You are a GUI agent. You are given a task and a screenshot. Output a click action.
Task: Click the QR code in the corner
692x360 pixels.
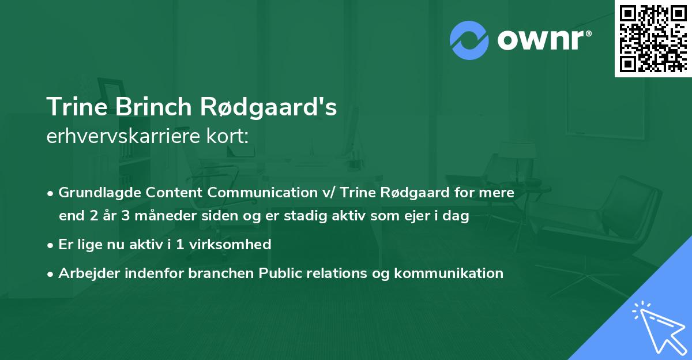point(653,38)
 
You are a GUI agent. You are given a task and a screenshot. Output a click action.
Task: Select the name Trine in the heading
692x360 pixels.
point(77,107)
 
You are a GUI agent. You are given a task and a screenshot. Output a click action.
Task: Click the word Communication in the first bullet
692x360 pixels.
point(231,192)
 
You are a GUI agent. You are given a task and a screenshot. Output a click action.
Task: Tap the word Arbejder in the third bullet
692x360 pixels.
point(84,273)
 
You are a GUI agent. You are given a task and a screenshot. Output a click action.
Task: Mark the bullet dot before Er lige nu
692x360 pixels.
point(51,245)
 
